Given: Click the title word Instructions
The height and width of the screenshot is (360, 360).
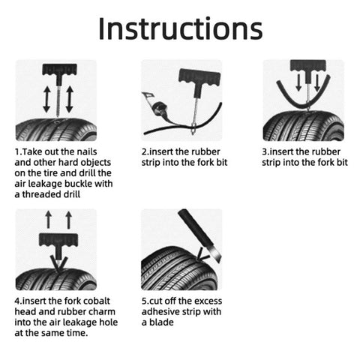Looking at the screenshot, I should click(x=180, y=28).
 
